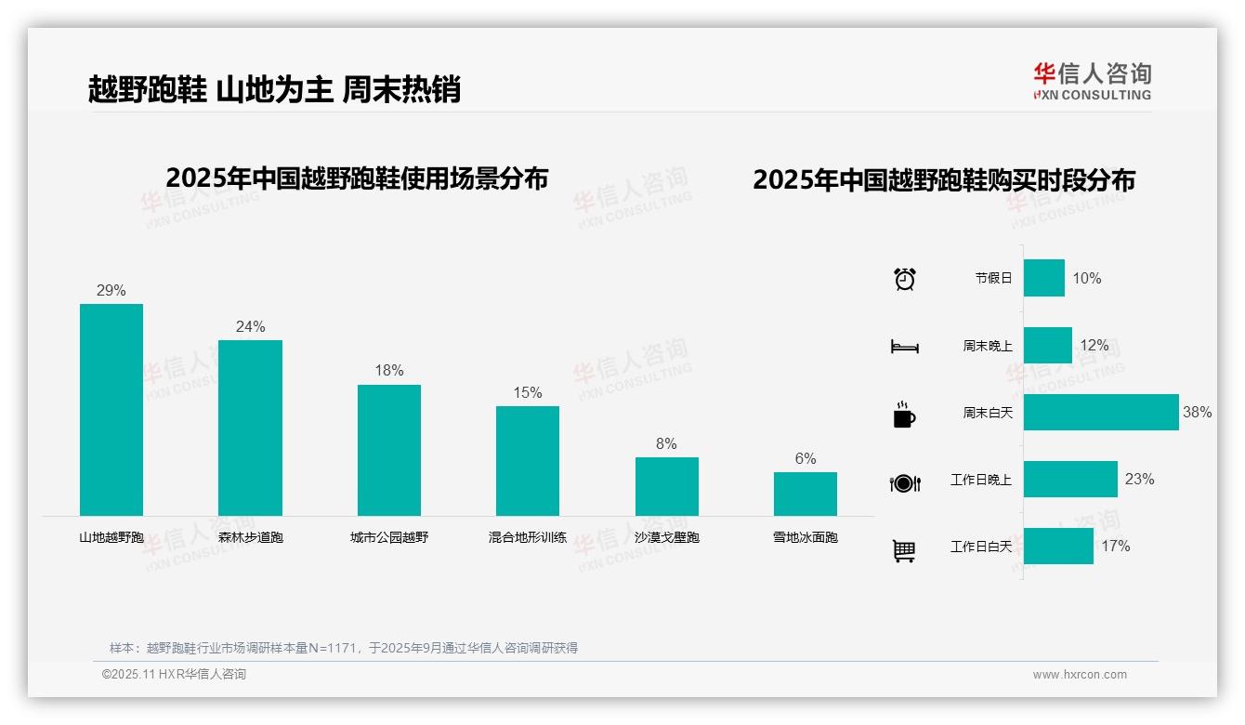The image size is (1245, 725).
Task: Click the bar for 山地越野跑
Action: (111, 409)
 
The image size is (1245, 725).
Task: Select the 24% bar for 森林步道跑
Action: (250, 428)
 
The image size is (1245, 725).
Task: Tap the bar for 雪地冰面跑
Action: (805, 494)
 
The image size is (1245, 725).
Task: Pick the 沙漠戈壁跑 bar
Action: (666, 486)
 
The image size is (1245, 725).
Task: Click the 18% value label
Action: (388, 371)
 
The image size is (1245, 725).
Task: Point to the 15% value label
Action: (527, 392)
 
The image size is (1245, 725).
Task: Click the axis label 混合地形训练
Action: (527, 537)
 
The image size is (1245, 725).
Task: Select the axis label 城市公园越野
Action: (388, 537)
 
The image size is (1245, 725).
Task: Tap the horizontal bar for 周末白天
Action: (1101, 412)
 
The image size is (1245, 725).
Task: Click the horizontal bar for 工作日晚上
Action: (1070, 479)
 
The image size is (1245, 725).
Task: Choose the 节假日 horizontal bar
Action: (1044, 278)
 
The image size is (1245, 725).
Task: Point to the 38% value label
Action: (1197, 412)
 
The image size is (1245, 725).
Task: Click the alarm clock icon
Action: (904, 279)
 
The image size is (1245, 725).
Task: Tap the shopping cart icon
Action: (904, 551)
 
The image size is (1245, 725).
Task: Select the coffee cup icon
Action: (904, 415)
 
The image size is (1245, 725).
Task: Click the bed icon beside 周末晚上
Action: (904, 347)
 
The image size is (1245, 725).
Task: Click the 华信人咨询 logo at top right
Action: (1092, 81)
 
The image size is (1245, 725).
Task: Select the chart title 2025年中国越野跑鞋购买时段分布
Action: (943, 180)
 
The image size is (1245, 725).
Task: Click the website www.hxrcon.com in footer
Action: (1079, 675)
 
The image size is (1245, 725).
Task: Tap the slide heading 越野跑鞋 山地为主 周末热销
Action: (274, 90)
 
